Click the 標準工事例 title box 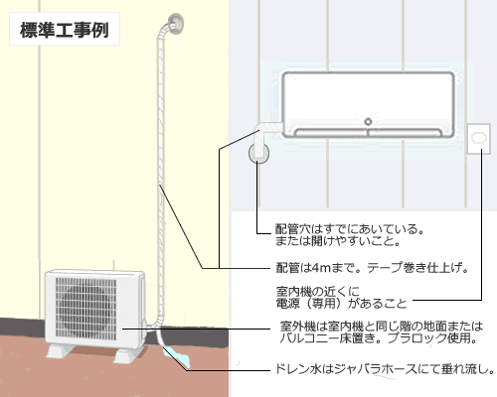(x=65, y=29)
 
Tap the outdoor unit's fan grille (x=85, y=309)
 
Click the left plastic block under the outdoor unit (x=60, y=351)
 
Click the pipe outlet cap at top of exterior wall (x=175, y=23)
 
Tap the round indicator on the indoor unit (x=368, y=121)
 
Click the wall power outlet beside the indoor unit (x=478, y=139)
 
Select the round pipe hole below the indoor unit (x=258, y=153)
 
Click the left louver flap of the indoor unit (x=331, y=133)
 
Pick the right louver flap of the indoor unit (x=405, y=133)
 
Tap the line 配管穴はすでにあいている (x=350, y=229)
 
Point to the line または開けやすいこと (x=338, y=241)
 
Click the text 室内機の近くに (x=317, y=292)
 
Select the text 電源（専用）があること (x=341, y=304)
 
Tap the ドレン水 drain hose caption (x=385, y=369)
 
